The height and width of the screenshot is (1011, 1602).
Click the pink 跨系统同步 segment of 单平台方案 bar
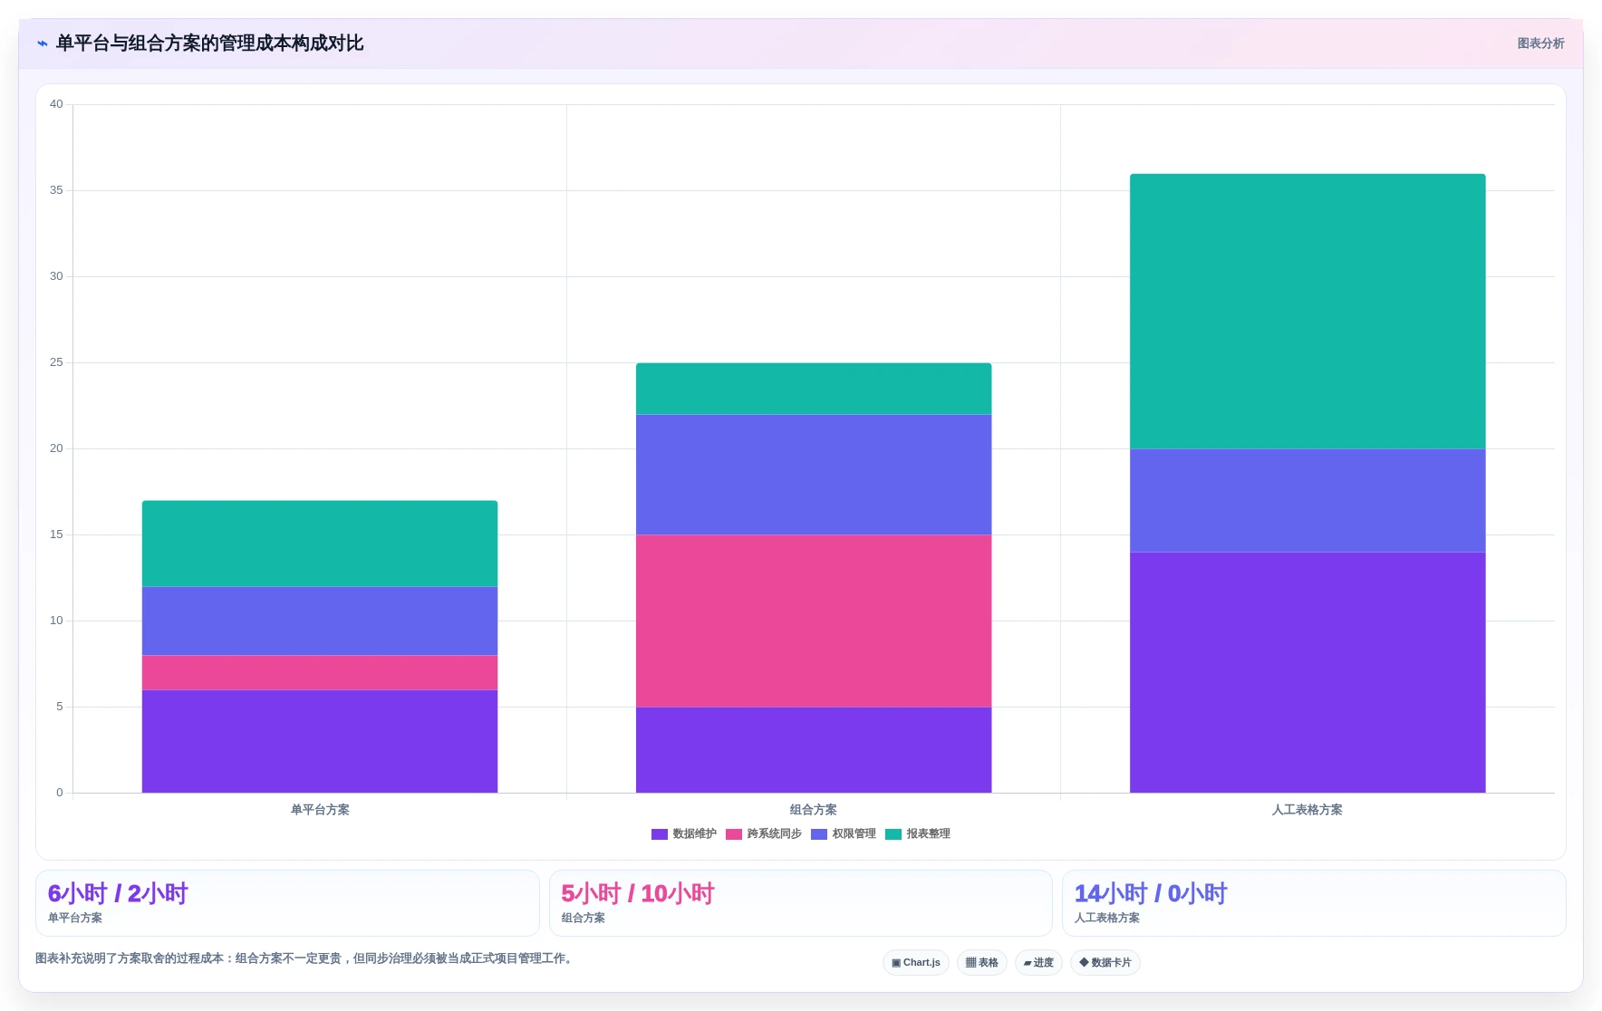tap(320, 672)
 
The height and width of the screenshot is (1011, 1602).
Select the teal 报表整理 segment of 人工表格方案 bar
tap(1308, 311)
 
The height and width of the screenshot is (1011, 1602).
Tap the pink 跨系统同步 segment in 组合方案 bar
tap(814, 621)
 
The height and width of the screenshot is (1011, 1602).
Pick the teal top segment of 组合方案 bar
tap(814, 389)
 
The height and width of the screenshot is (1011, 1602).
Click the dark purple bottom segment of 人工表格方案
tap(1308, 672)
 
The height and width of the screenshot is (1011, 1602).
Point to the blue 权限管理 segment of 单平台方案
tap(320, 621)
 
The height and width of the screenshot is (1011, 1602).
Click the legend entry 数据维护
tap(684, 833)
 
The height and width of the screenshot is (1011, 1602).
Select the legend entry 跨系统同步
tap(764, 833)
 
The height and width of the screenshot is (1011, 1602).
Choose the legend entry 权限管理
tap(844, 833)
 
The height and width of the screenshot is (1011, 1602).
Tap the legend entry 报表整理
tap(918, 833)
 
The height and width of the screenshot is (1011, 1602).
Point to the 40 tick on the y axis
tap(56, 104)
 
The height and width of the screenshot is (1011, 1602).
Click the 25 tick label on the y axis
tap(56, 362)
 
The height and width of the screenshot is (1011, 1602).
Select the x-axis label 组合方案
tap(814, 810)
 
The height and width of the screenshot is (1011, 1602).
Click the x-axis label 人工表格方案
tap(1308, 810)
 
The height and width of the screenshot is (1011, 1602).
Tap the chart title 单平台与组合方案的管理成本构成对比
tap(209, 43)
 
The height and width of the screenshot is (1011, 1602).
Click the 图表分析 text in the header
tap(1540, 43)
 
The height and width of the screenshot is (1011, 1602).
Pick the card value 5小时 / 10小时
tap(638, 893)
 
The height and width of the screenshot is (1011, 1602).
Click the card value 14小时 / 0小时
tap(1151, 893)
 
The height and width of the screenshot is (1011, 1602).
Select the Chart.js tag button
tap(916, 962)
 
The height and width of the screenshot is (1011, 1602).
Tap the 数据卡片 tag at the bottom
tap(1105, 962)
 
